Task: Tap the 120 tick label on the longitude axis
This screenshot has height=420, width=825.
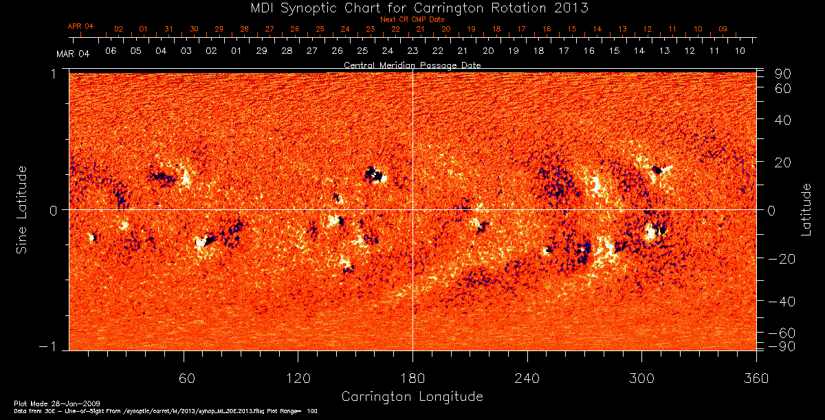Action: click(298, 378)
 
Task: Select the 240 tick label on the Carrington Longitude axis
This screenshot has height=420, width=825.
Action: click(527, 378)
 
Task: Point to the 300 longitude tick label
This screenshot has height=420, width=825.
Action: click(641, 378)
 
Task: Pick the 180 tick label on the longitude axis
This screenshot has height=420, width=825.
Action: click(412, 378)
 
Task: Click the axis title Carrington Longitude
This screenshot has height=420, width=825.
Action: click(412, 397)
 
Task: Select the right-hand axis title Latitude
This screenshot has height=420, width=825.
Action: click(806, 209)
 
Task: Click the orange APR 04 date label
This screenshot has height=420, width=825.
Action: click(80, 26)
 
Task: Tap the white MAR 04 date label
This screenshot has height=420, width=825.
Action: click(73, 53)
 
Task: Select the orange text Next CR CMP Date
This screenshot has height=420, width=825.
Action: click(412, 20)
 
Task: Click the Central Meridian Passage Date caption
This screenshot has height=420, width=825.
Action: click(412, 65)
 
